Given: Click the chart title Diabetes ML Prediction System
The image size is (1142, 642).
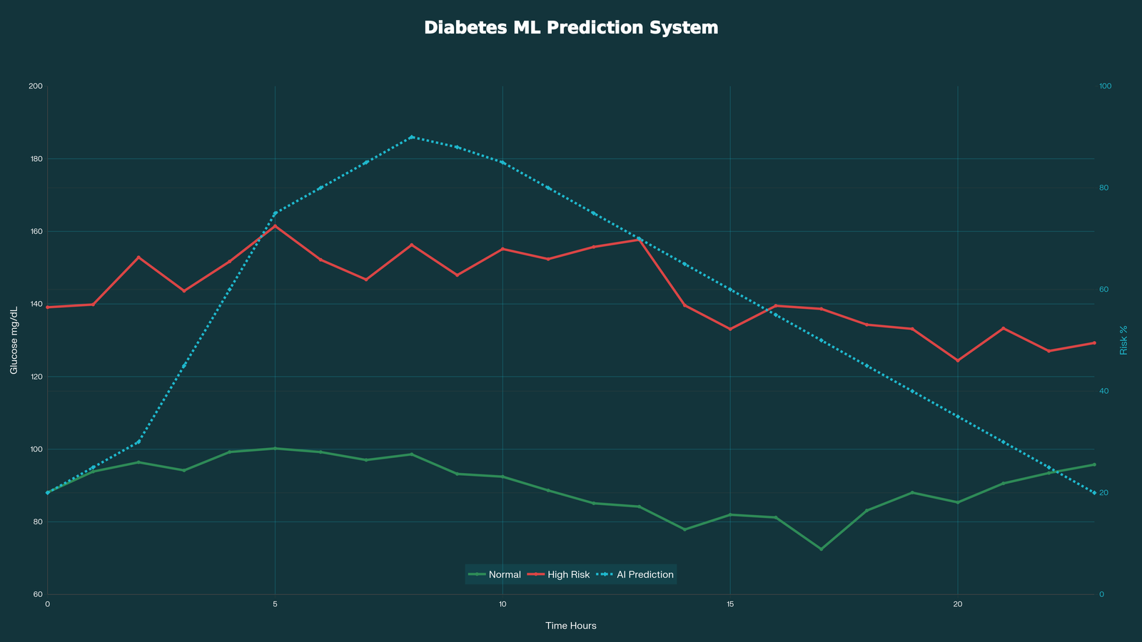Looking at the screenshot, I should click(x=571, y=28).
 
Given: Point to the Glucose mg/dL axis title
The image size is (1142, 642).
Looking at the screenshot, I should click(x=14, y=340).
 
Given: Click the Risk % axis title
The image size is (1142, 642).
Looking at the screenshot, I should click(x=1123, y=340).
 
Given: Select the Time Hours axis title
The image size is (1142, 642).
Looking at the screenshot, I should click(x=571, y=626).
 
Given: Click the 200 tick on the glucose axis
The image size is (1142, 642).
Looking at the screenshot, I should click(x=36, y=86).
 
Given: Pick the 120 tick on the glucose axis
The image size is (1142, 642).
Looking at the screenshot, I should click(x=36, y=377).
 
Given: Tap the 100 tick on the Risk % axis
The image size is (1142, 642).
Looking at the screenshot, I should click(x=1106, y=86).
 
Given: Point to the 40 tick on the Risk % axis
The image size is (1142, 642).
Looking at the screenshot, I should click(x=1103, y=391).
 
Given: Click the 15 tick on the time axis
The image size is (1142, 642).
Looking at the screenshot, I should click(x=730, y=604).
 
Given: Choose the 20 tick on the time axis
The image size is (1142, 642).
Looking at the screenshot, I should click(x=957, y=604).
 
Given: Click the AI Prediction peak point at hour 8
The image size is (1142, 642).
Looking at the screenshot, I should click(x=411, y=137).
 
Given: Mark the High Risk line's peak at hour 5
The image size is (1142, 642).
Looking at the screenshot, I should click(x=276, y=225).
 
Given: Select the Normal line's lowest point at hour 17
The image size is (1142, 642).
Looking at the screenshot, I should click(x=821, y=549).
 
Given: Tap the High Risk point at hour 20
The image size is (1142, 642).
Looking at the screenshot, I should click(x=958, y=361).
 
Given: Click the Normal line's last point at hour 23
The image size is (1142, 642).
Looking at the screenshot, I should click(x=1094, y=464).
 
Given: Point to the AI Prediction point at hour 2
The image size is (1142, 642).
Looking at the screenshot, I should click(x=138, y=442).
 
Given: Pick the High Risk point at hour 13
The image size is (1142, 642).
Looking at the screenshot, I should click(x=640, y=240).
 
